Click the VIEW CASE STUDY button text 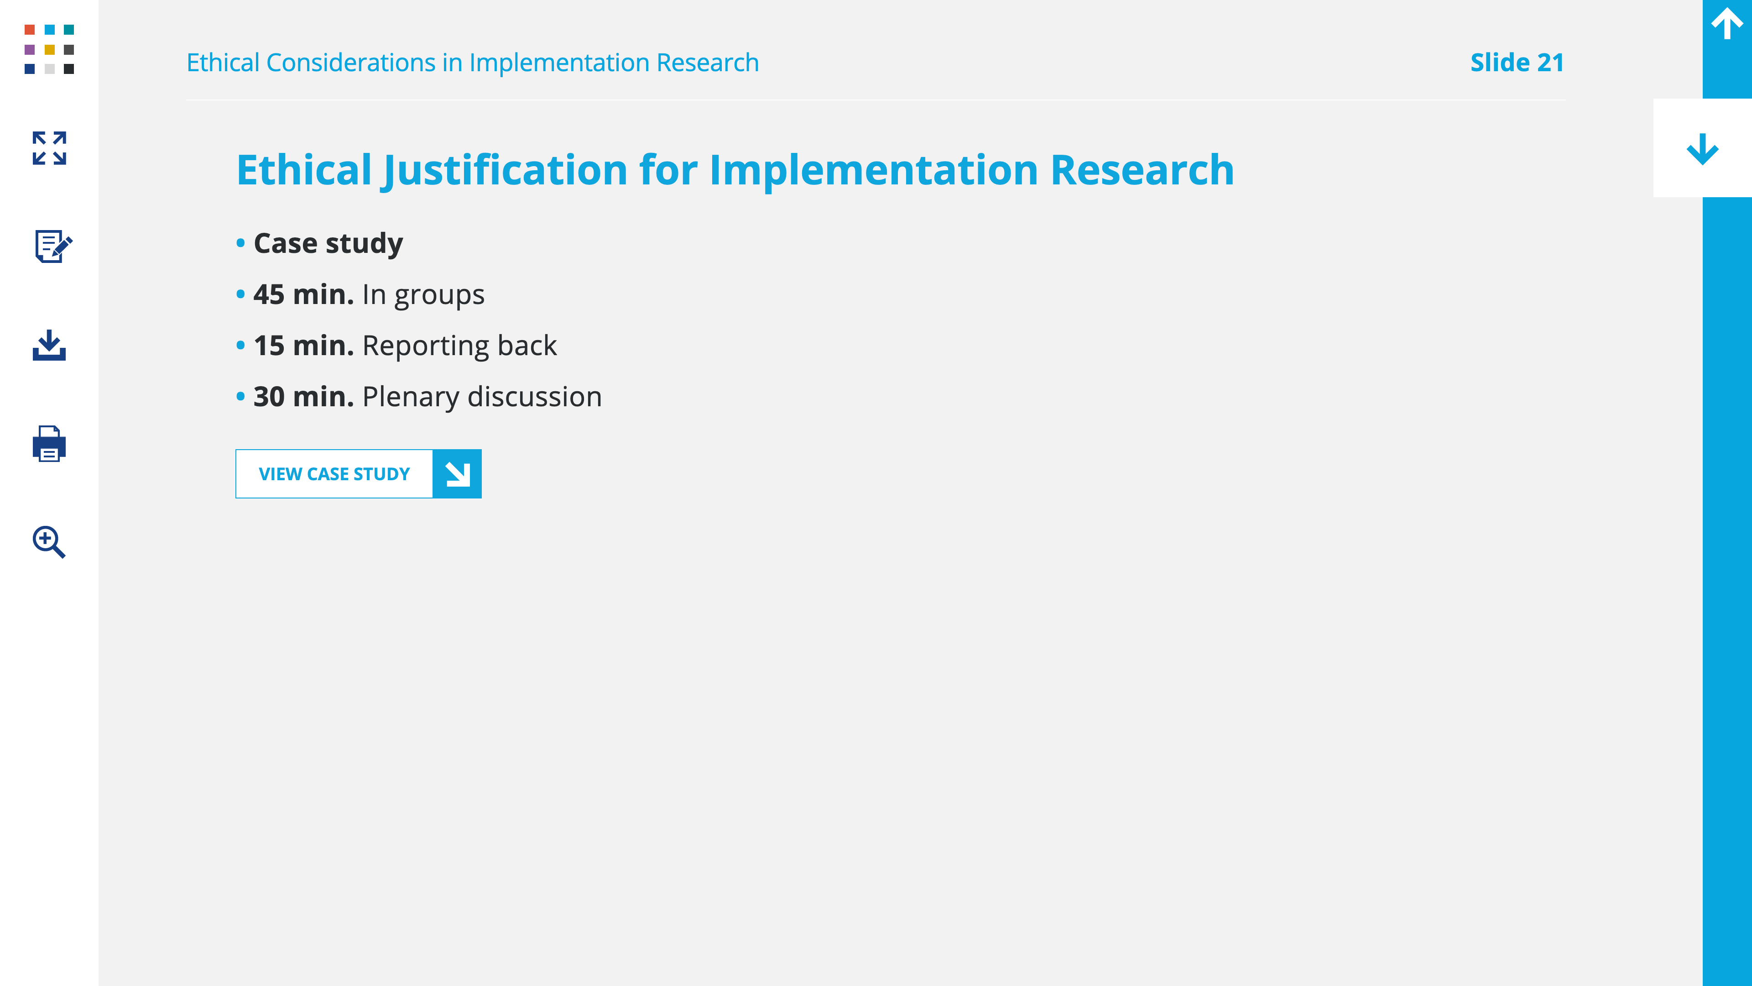pos(334,474)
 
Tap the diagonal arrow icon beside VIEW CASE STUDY pos(457,474)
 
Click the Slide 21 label pos(1517,63)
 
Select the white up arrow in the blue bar pos(1727,24)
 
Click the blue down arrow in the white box pos(1702,149)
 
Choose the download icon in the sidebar pos(49,345)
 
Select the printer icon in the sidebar pos(49,444)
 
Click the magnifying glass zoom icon pos(49,542)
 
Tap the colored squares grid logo pos(49,49)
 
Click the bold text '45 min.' pos(303,294)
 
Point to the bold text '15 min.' pos(303,346)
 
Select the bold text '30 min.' pos(303,397)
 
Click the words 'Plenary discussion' pos(482,397)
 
